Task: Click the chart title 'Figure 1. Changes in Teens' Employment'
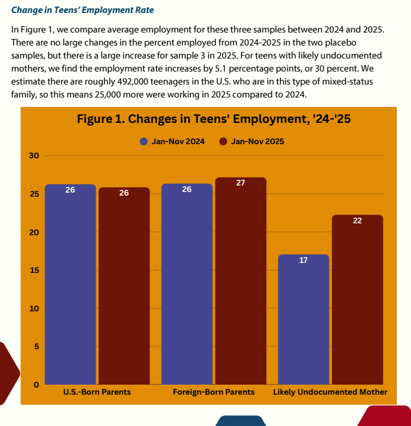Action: coord(214,119)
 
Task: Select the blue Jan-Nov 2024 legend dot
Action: coord(143,142)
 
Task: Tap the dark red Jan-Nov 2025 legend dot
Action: coord(223,142)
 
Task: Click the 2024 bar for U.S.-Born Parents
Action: coord(70,284)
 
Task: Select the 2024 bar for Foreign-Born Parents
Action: coord(187,284)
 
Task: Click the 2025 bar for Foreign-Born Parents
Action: coord(240,281)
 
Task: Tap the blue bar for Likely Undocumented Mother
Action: coord(304,319)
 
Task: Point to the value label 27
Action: coord(240,183)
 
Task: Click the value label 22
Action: coord(357,220)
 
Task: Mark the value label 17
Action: coord(304,260)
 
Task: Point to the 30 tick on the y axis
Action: coord(34,156)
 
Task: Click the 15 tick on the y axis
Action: coord(34,271)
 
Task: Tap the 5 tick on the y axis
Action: coord(35,347)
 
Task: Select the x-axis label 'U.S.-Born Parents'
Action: coord(97,392)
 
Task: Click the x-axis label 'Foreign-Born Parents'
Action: coord(214,392)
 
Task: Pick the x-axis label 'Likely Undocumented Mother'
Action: coord(330,392)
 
